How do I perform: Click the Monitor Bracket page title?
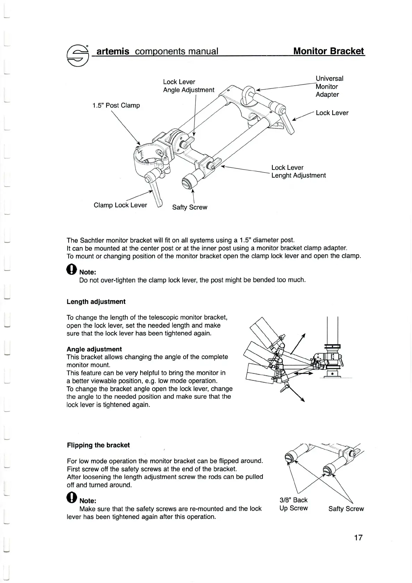click(x=329, y=51)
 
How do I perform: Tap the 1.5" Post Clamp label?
click(x=116, y=105)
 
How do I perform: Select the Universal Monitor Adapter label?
click(x=329, y=87)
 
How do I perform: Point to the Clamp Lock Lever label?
click(x=120, y=205)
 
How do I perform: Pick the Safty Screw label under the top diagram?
click(x=190, y=207)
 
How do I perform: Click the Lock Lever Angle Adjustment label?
click(x=188, y=86)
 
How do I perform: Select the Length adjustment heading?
click(x=96, y=302)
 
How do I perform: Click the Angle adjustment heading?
click(x=94, y=349)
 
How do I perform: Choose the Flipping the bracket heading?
click(x=98, y=445)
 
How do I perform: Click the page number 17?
click(x=358, y=538)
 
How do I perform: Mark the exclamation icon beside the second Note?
click(x=72, y=498)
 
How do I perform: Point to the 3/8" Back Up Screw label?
click(x=294, y=504)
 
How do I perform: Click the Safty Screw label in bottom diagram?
click(x=346, y=509)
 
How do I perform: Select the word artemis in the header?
click(x=113, y=52)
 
